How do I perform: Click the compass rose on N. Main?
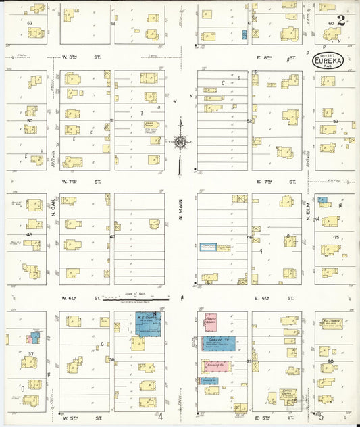click(180, 142)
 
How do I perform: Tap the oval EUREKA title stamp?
click(326, 62)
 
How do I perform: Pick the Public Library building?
click(210, 321)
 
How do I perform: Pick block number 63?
click(29, 23)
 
